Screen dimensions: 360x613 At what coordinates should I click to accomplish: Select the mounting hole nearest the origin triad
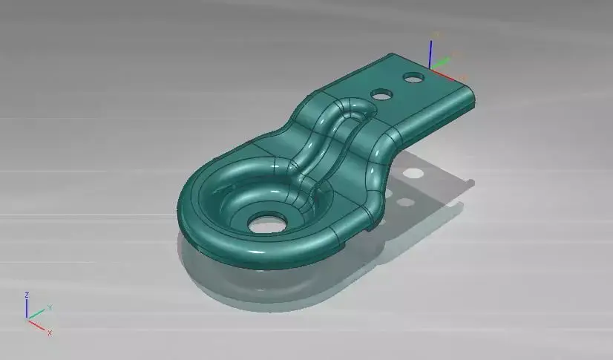pyautogui.click(x=411, y=76)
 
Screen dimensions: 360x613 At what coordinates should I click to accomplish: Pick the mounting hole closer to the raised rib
pyautogui.click(x=381, y=95)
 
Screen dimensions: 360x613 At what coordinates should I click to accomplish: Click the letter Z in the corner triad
pyautogui.click(x=27, y=295)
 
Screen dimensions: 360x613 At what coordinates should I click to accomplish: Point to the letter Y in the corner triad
pyautogui.click(x=49, y=307)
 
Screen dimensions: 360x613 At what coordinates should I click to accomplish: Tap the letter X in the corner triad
pyautogui.click(x=50, y=333)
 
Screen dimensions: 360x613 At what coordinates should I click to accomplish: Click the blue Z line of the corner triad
pyautogui.click(x=27, y=309)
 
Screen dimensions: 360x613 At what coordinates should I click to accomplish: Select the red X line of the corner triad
pyautogui.click(x=37, y=324)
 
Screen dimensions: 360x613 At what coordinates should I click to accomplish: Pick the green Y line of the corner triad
pyautogui.click(x=36, y=314)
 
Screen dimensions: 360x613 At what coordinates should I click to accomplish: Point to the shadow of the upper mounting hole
pyautogui.click(x=413, y=173)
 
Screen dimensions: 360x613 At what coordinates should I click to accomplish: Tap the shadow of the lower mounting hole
pyautogui.click(x=404, y=202)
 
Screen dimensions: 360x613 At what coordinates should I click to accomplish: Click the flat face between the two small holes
pyautogui.click(x=396, y=85)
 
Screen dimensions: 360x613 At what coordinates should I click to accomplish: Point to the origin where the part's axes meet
pyautogui.click(x=431, y=69)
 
